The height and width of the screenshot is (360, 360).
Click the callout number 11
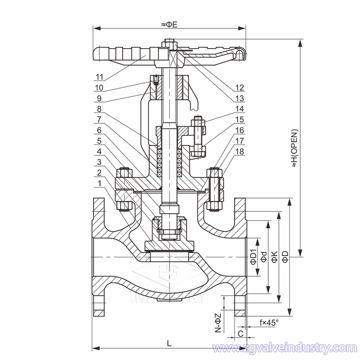pos(99,76)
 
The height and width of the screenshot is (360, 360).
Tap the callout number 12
pos(239,87)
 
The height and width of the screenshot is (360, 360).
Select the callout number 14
pos(239,109)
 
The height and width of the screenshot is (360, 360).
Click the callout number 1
pos(99,183)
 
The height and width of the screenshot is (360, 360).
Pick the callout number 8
pos(99,109)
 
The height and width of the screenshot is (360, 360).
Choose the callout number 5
pos(99,141)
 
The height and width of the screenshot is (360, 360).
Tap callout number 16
pos(239,130)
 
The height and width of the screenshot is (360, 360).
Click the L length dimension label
pos(169,343)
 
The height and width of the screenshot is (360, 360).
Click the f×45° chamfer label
pos(269,322)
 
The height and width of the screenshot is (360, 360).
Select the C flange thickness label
pos(240,333)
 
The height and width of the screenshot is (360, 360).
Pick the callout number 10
pos(99,87)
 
